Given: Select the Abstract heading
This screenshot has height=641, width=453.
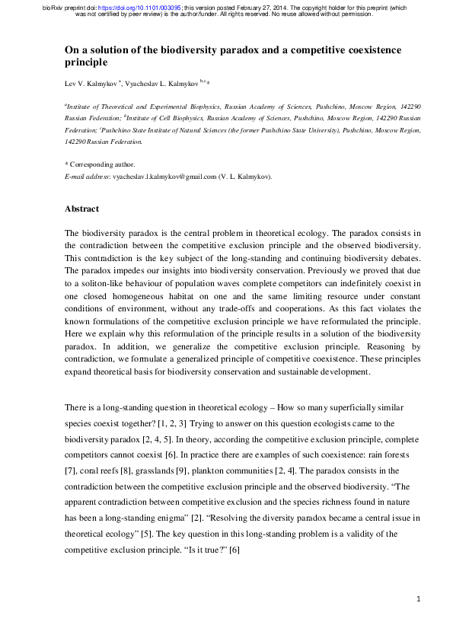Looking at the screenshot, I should tap(81, 208).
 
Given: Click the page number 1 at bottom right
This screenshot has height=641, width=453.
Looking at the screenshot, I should tap(419, 600).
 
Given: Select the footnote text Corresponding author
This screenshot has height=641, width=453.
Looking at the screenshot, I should tap(103, 164).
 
